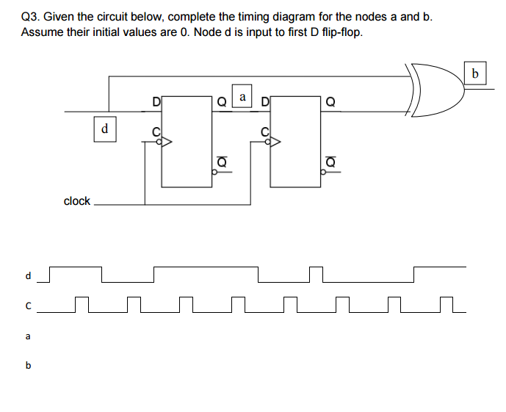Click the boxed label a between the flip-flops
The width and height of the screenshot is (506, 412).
[x=242, y=96]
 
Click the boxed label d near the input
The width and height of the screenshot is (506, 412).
[x=104, y=129]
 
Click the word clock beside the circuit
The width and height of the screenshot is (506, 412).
[x=76, y=200]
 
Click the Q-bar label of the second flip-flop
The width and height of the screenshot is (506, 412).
[x=330, y=161]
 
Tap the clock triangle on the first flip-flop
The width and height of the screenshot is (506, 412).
[x=165, y=144]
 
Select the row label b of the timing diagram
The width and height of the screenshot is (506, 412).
[x=28, y=365]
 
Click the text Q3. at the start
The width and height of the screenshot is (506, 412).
[x=32, y=16]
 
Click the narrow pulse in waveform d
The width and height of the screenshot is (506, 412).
[x=317, y=273]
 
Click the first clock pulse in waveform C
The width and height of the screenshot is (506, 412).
[x=82, y=304]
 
